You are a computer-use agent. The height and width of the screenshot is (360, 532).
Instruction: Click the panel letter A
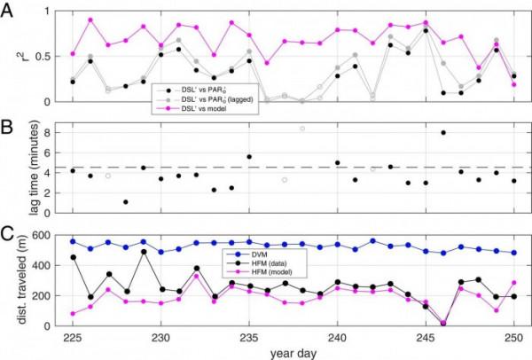[x=9, y=9]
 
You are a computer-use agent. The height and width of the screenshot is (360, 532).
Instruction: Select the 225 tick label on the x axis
[x=73, y=338]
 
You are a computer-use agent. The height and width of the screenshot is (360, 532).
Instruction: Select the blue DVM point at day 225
[x=73, y=241]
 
